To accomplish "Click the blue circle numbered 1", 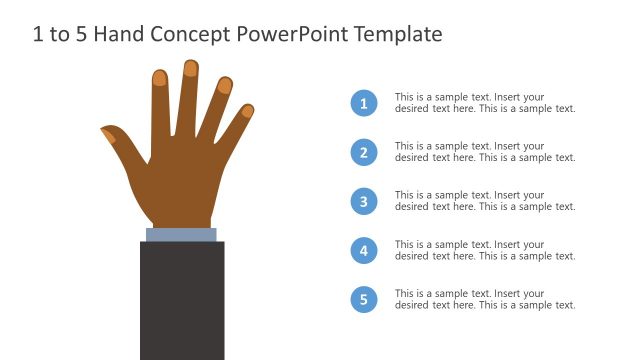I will [x=364, y=103].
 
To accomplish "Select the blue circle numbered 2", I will [x=364, y=152].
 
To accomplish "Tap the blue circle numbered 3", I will [x=364, y=201].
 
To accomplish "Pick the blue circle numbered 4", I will [x=364, y=250].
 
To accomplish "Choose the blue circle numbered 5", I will [x=364, y=299].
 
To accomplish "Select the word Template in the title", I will [x=391, y=34].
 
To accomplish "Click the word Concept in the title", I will [x=191, y=34].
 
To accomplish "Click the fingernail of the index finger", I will [x=160, y=78].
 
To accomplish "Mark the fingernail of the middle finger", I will [x=191, y=69].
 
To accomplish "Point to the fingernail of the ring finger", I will [x=225, y=86].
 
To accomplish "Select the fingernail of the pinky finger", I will [x=247, y=111].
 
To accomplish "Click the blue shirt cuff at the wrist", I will [x=181, y=235].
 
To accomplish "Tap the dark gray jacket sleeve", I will [x=181, y=300].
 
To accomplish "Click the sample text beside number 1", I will [x=485, y=103].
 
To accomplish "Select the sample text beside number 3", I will [x=485, y=201].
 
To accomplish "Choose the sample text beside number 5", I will [x=485, y=299].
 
